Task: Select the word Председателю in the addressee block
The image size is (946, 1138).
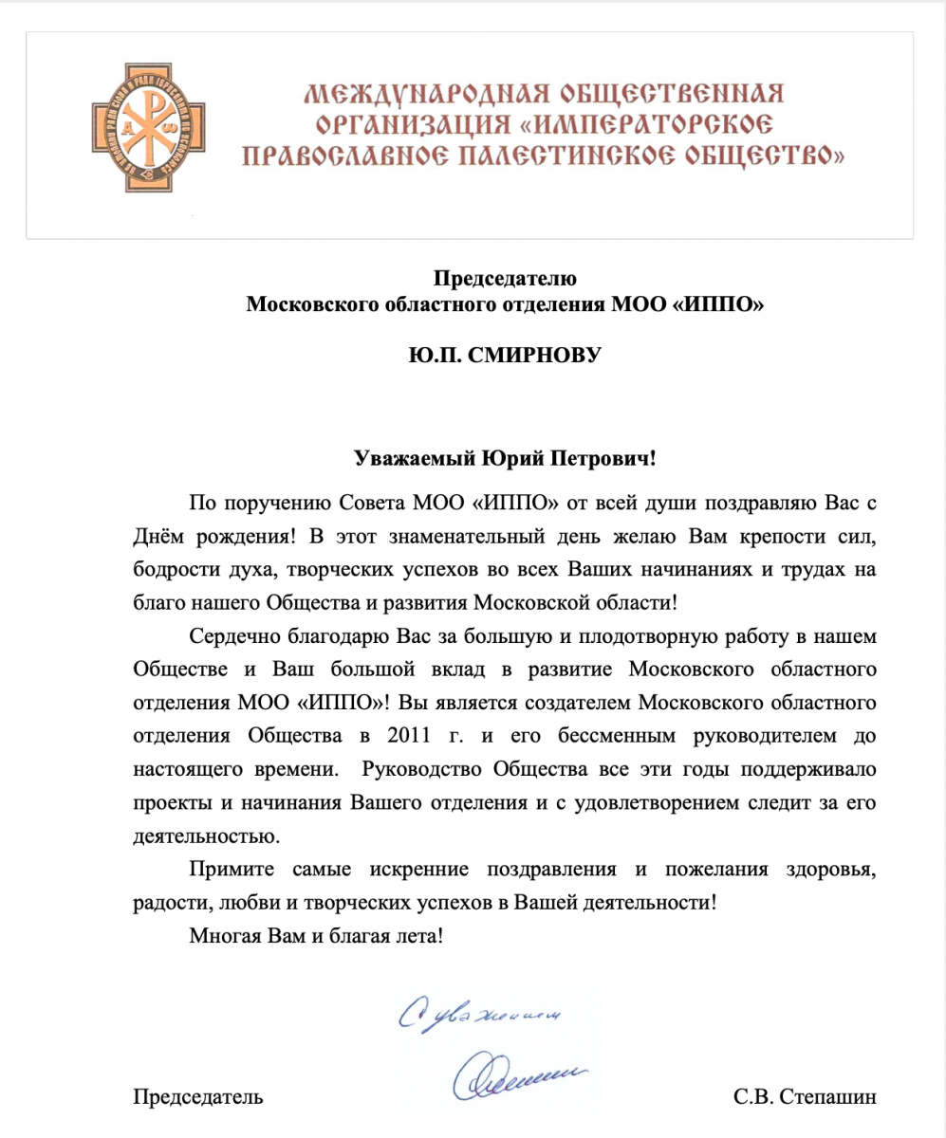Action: [x=505, y=279]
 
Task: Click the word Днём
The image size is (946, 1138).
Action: [x=161, y=535]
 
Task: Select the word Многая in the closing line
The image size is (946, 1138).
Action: [x=222, y=936]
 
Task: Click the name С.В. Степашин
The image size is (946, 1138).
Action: [x=806, y=1098]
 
